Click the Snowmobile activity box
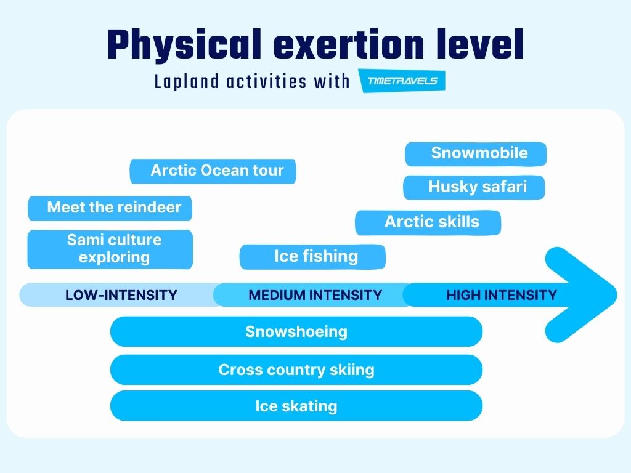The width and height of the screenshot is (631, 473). pos(476,153)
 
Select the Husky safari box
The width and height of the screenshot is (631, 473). pos(474,187)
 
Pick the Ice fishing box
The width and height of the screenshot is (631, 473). pos(312,257)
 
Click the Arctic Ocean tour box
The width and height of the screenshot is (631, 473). pos(213,171)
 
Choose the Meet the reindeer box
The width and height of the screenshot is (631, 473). pos(110,208)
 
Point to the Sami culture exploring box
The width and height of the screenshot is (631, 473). pos(110,249)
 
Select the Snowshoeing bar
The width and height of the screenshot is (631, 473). pos(296,331)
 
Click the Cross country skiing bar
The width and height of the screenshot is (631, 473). pos(296,370)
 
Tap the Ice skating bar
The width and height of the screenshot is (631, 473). pos(296,406)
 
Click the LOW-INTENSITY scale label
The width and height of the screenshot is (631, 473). pos(121,295)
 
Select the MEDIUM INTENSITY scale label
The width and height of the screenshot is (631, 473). pos(315,295)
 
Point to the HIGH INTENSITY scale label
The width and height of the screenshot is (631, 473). pos(502,295)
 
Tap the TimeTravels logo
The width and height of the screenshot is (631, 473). pos(402,81)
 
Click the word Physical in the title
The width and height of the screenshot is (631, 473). pos(184,45)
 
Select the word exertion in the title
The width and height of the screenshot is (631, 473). pos(349,45)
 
